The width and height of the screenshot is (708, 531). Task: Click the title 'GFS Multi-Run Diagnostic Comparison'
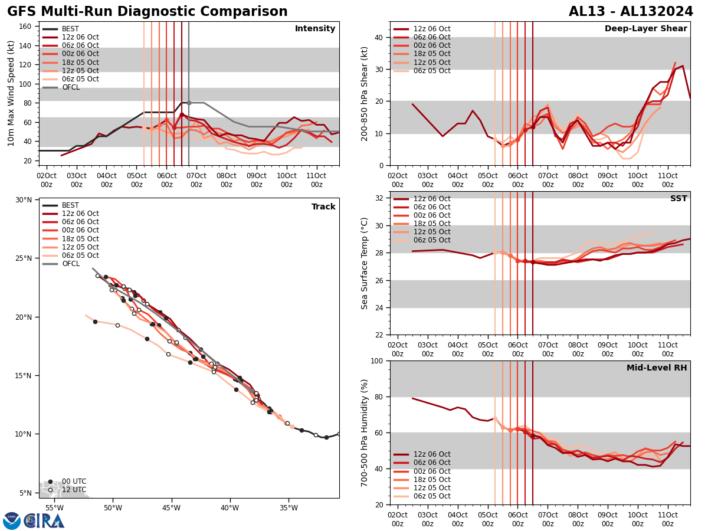point(147,12)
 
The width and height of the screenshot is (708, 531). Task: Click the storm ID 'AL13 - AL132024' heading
point(631,12)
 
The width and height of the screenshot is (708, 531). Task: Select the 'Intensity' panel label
point(315,29)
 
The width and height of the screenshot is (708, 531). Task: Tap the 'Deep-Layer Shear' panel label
point(645,29)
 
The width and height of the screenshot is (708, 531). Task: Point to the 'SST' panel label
point(678,199)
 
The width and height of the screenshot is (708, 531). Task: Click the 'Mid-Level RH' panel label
point(657,368)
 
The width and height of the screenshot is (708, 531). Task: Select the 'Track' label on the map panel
point(323,207)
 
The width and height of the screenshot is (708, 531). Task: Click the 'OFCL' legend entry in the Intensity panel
point(71,87)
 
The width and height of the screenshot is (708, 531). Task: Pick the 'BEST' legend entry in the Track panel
point(70,205)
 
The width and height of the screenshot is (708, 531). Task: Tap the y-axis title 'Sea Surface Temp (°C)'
point(365,263)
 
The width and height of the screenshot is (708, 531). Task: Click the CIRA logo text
point(45,521)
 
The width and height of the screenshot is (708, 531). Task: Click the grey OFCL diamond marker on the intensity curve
point(189,103)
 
